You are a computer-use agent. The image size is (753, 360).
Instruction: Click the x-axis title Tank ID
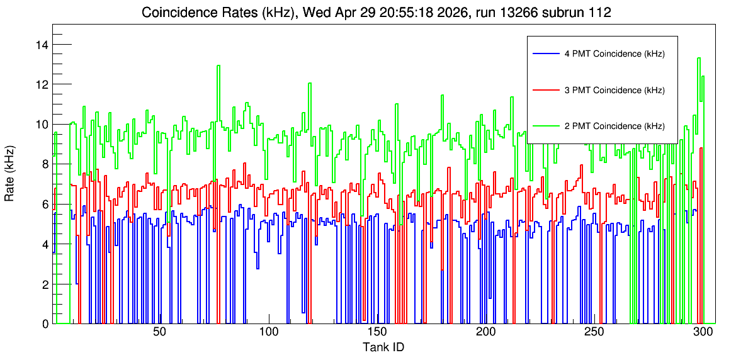pyautogui.click(x=383, y=347)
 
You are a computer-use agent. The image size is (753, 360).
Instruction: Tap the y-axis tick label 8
pyautogui.click(x=45, y=164)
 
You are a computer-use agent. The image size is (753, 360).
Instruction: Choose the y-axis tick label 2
pyautogui.click(x=45, y=284)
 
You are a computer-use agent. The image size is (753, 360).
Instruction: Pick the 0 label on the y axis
pyautogui.click(x=45, y=324)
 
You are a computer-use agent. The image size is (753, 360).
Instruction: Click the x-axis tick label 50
pyautogui.click(x=159, y=333)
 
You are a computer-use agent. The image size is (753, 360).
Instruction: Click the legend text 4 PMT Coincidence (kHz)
pyautogui.click(x=614, y=55)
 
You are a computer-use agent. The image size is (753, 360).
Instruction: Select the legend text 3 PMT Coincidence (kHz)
pyautogui.click(x=614, y=91)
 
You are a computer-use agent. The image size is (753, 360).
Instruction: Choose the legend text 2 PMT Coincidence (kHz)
pyautogui.click(x=614, y=127)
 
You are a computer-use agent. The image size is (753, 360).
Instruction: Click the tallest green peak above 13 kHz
pyautogui.click(x=699, y=58)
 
